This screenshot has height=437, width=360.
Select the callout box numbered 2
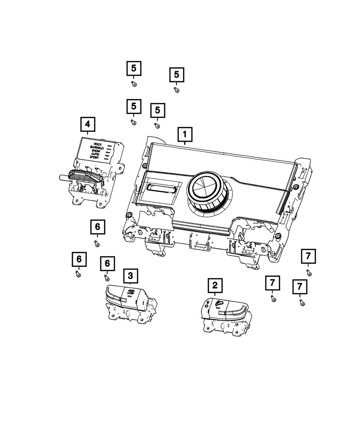(x=215, y=286)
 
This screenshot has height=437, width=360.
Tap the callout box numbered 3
(x=130, y=276)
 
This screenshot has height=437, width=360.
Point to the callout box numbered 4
(x=87, y=125)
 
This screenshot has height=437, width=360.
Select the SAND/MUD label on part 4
(x=97, y=148)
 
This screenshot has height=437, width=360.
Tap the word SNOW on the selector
(x=96, y=151)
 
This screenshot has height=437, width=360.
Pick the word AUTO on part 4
(x=95, y=154)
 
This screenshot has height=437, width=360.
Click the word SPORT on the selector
(x=94, y=158)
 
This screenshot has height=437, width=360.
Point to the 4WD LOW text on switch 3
(x=130, y=291)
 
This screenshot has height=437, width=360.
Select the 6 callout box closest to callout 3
(x=107, y=264)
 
